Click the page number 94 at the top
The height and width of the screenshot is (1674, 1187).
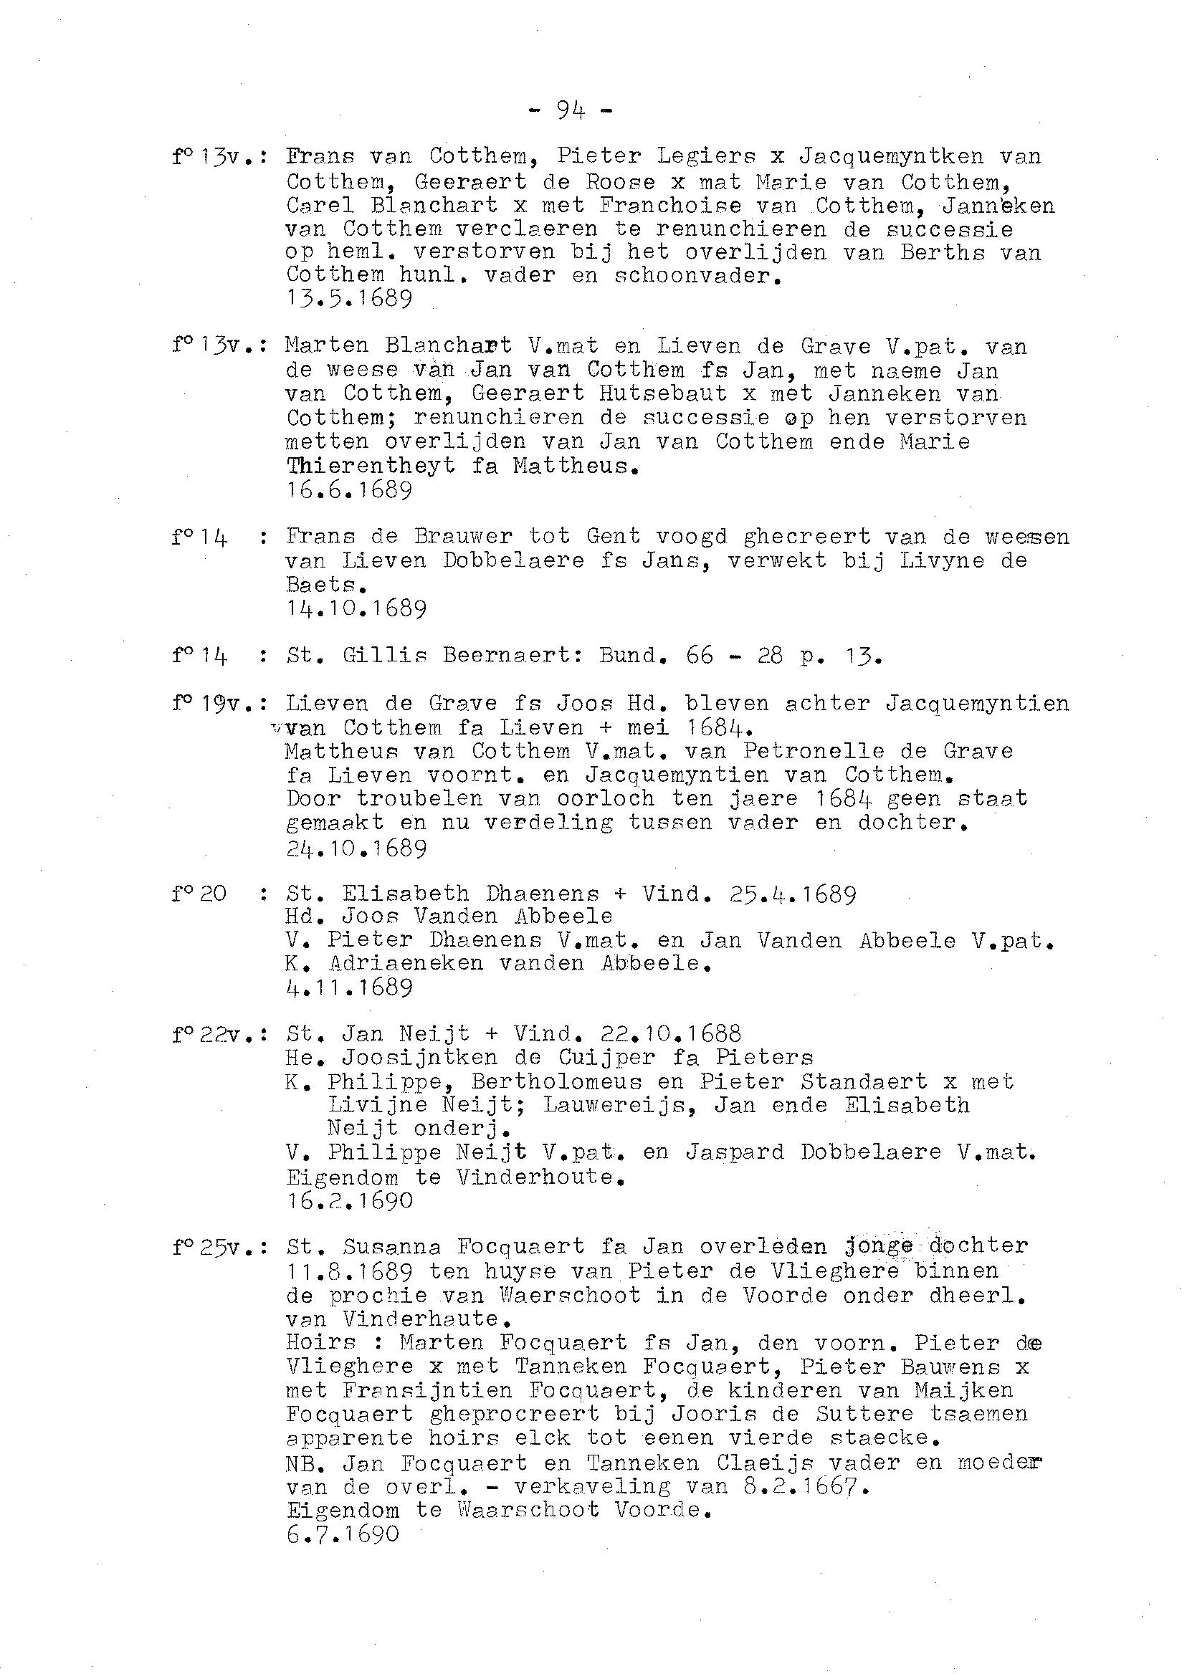570,110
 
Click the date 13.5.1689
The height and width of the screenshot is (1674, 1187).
349,299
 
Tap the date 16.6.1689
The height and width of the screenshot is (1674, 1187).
349,489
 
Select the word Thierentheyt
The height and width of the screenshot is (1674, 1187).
371,466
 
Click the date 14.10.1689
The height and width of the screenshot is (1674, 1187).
357,608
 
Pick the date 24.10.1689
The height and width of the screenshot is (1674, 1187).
357,848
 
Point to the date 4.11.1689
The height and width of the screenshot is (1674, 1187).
349,988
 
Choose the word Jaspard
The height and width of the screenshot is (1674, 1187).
734,1152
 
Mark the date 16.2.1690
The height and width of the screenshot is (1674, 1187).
349,1200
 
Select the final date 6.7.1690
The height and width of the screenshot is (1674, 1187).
343,1534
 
